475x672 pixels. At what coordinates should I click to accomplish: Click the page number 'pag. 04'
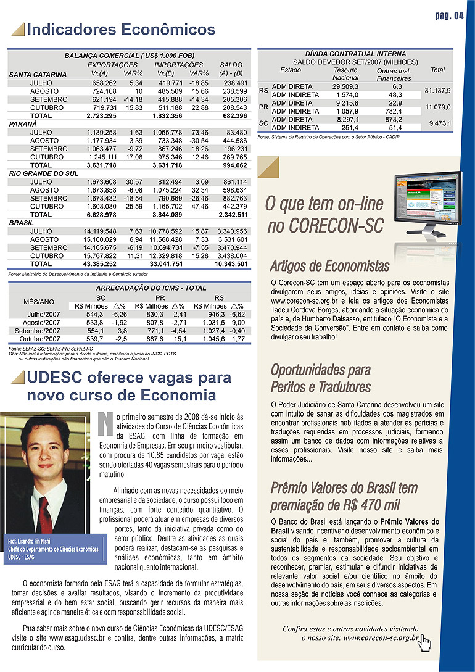[x=449, y=15]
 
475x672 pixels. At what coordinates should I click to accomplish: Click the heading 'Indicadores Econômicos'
[x=121, y=30]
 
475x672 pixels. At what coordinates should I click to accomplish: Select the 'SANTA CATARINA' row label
[x=38, y=75]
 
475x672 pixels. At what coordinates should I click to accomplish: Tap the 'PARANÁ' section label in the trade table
[x=23, y=124]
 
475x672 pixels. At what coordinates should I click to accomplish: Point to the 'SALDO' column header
[x=231, y=65]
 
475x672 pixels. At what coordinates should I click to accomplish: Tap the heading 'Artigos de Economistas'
[x=330, y=267]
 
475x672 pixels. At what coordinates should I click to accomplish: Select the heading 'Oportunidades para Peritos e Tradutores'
[x=321, y=378]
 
